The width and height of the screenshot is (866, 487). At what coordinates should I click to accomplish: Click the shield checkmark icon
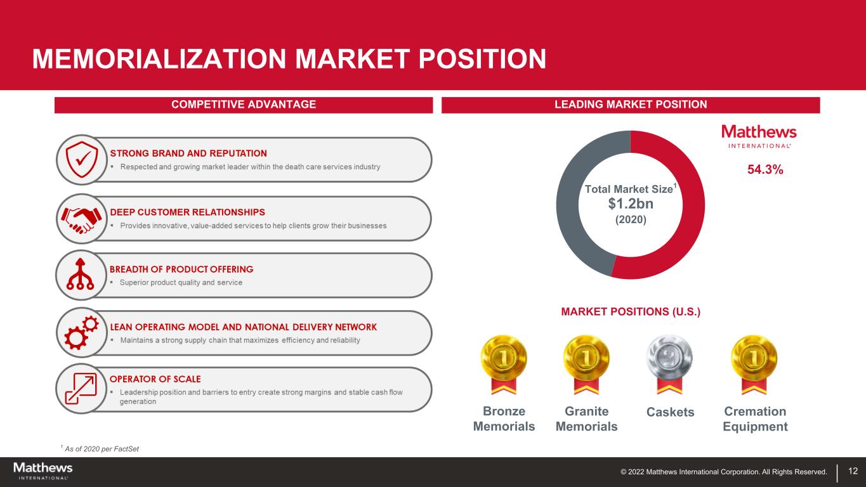82,159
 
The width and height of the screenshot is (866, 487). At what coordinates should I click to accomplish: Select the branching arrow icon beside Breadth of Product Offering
80,274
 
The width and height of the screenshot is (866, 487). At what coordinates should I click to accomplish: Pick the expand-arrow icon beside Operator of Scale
81,389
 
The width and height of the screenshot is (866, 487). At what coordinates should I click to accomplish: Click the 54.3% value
765,169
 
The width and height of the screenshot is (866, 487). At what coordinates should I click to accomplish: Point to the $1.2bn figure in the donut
631,204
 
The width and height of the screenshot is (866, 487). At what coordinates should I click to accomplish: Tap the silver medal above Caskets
669,364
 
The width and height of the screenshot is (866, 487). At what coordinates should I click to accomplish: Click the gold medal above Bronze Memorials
504,364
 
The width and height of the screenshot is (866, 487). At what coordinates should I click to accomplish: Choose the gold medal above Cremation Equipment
754,364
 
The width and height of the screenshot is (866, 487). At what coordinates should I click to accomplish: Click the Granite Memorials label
586,419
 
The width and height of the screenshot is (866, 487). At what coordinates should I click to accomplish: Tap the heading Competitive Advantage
244,105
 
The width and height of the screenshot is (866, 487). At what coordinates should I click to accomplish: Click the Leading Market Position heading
631,105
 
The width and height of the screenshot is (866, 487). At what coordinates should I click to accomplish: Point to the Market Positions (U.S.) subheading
631,311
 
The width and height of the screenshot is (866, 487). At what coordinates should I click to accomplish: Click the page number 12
853,471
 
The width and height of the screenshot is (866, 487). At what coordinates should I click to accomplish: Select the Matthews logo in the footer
43,471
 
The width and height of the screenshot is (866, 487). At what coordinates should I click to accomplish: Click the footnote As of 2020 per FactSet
100,448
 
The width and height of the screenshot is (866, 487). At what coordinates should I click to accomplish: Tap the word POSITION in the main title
482,59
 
